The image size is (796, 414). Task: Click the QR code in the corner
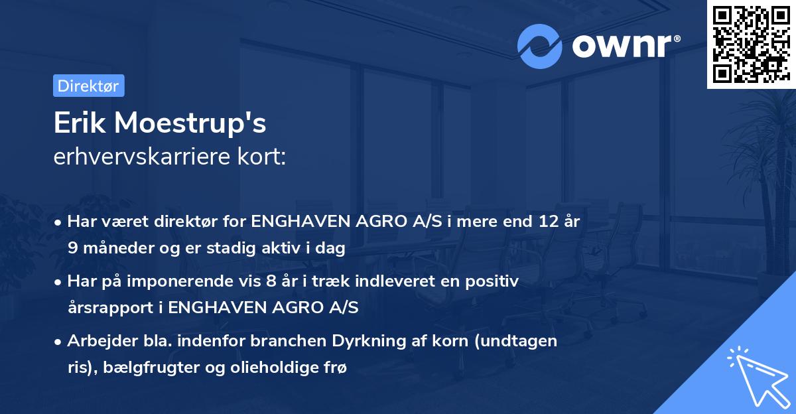(751, 44)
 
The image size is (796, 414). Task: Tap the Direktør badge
(88, 86)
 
